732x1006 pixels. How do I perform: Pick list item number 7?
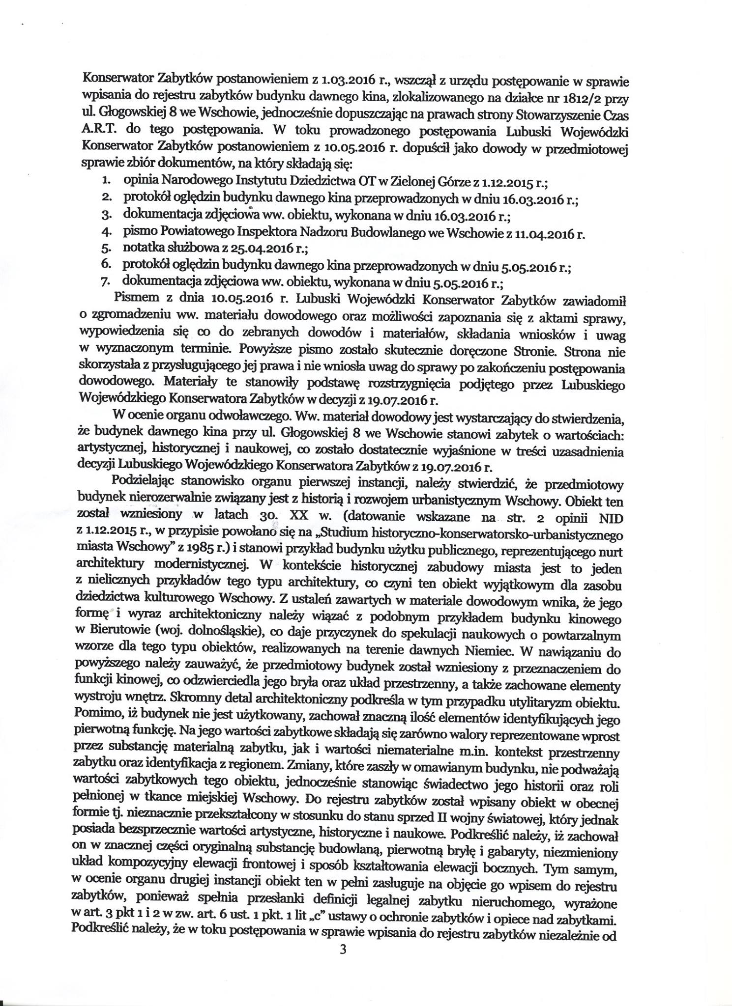click(x=105, y=282)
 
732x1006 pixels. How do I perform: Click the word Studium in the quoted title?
click(x=348, y=534)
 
